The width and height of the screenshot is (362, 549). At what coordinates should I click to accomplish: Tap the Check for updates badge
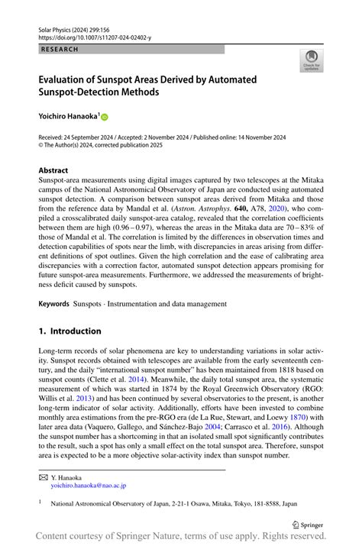[x=310, y=61]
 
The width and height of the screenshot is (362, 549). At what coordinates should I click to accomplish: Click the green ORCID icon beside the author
[x=105, y=118]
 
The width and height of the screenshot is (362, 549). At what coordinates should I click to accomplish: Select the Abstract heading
[x=53, y=170]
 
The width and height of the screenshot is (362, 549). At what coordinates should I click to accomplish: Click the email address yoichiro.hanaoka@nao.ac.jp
[x=89, y=485]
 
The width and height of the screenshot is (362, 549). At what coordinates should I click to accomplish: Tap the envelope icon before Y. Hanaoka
[x=44, y=476]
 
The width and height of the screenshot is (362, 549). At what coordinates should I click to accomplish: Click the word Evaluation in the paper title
[x=69, y=79]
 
